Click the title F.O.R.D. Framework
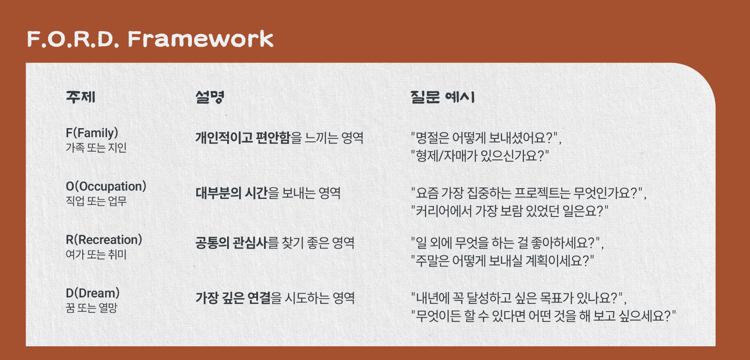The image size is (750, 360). coord(150,39)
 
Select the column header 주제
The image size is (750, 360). coord(81,97)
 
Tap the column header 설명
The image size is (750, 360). coord(210,97)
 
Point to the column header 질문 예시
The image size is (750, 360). coord(442,97)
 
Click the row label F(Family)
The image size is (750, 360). coord(92,133)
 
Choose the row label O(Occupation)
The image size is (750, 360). coord(106,186)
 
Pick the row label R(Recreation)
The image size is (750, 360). coord(104,240)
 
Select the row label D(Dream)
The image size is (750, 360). coord(93,293)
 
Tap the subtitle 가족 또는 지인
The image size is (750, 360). coord(96,148)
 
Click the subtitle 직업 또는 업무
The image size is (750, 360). coord(96,201)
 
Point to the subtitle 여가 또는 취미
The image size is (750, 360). coord(96,255)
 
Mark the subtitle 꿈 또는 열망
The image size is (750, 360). coord(91,308)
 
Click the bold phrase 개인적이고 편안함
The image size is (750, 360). coord(243,138)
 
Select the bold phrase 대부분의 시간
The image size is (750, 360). coord(232,193)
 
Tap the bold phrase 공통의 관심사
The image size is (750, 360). coord(231,243)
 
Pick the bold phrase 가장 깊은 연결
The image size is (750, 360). coord(233,298)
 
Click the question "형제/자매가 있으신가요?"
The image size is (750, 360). coord(480,156)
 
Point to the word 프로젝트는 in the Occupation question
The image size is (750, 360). coord(542,193)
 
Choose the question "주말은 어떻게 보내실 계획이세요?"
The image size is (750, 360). coord(502,261)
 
